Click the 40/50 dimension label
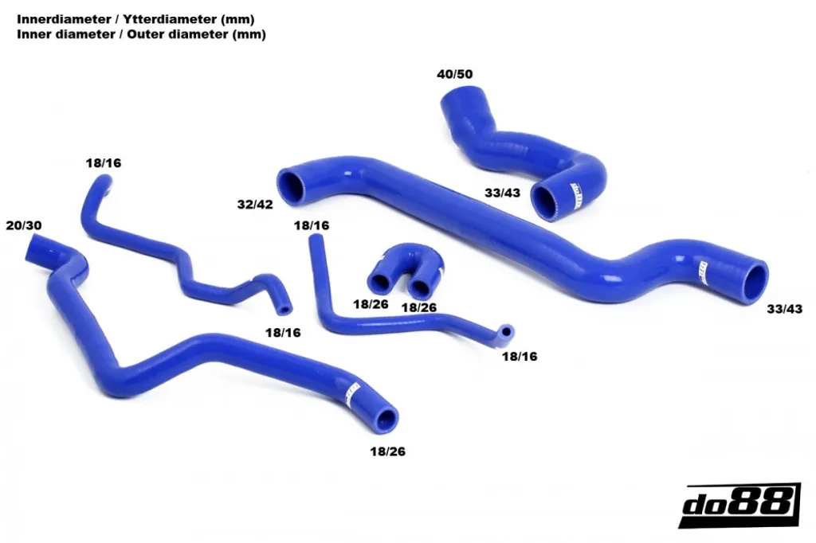(455, 74)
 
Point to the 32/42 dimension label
(255, 205)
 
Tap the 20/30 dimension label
(24, 226)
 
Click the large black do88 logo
(739, 505)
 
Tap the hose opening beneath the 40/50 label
(457, 96)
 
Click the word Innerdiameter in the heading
(64, 20)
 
